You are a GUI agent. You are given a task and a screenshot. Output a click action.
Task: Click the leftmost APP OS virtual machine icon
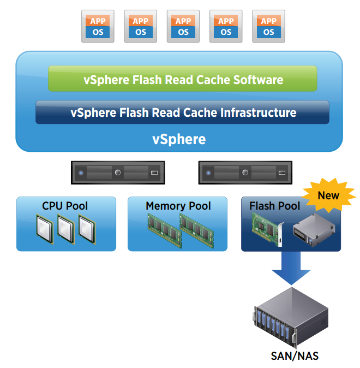click(x=98, y=26)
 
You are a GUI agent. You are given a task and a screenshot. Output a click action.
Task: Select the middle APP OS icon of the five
click(x=183, y=26)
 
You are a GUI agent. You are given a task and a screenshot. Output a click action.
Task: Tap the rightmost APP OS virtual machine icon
click(x=268, y=26)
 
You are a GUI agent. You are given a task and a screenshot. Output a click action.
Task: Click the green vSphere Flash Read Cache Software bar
click(x=183, y=79)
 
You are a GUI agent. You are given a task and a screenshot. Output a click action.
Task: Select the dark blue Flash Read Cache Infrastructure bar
click(x=183, y=112)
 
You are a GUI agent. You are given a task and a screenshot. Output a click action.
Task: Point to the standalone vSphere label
click(x=179, y=139)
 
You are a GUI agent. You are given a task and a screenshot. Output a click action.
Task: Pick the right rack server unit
click(x=245, y=173)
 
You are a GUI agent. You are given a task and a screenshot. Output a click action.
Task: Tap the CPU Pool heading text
click(x=65, y=206)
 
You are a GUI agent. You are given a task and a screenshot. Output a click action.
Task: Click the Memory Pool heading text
click(x=178, y=206)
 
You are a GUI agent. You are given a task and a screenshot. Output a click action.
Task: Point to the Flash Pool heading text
click(x=275, y=206)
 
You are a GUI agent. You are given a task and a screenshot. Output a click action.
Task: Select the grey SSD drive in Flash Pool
click(x=315, y=229)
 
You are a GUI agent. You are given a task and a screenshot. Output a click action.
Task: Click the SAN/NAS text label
click(x=295, y=356)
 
